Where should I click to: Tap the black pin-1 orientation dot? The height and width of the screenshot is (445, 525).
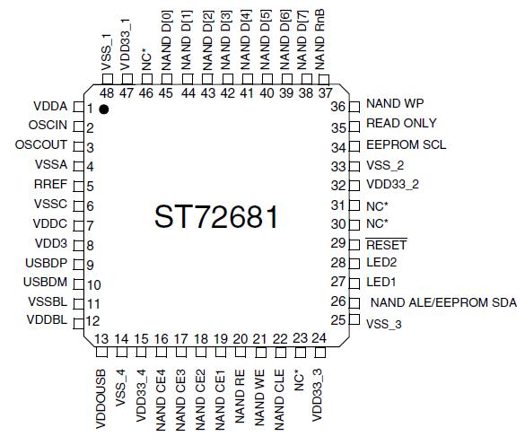pyautogui.click(x=104, y=109)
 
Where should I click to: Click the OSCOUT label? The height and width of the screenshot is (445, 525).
pyautogui.click(x=41, y=145)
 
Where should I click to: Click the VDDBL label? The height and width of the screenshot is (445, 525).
pyautogui.click(x=47, y=320)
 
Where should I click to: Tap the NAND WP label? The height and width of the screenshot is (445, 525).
pyautogui.click(x=396, y=104)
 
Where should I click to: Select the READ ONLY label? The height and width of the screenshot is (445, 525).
pyautogui.click(x=401, y=124)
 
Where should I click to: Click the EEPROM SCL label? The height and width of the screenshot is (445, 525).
pyautogui.click(x=407, y=144)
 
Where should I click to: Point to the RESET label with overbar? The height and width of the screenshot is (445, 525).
pyautogui.click(x=387, y=243)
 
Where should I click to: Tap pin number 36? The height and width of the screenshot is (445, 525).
pyautogui.click(x=338, y=105)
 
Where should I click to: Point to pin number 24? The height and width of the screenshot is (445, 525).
pyautogui.click(x=319, y=338)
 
